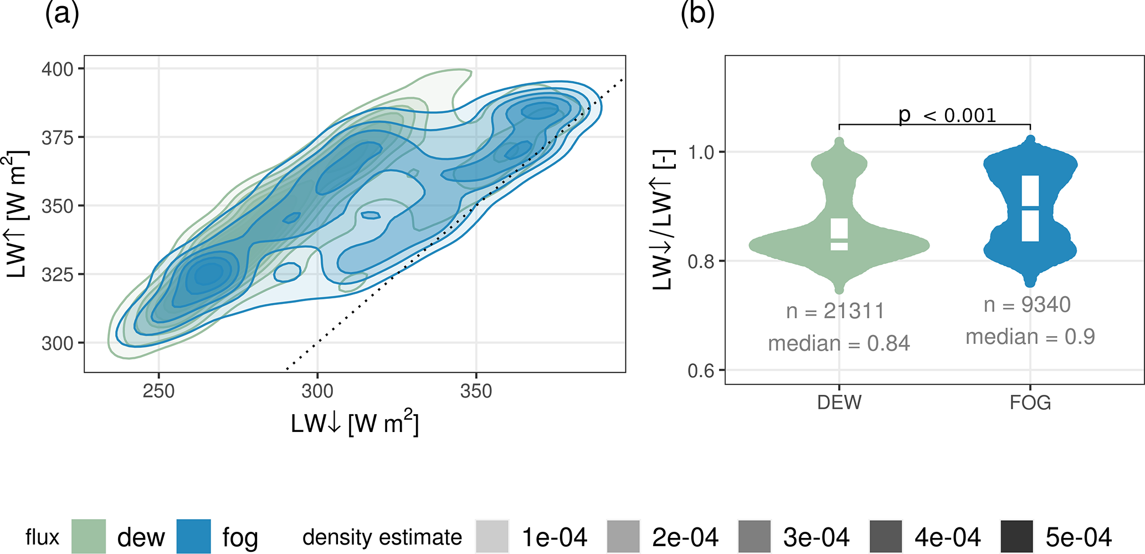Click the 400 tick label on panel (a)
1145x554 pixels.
[57, 69]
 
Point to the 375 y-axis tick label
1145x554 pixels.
[57, 138]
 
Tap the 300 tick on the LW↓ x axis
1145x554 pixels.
[317, 392]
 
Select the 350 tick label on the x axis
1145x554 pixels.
[476, 392]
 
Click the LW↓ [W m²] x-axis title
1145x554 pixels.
[355, 424]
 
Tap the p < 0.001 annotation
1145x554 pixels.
[947, 115]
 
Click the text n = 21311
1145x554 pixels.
[835, 311]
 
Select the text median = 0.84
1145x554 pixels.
[839, 344]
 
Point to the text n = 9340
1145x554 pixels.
[1027, 305]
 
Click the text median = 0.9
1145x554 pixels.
[1030, 337]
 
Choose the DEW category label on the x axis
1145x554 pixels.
[839, 402]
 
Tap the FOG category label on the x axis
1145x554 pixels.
[1030, 402]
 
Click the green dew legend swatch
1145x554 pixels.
[89, 536]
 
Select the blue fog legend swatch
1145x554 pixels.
[194, 536]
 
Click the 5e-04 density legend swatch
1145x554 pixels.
[1016, 536]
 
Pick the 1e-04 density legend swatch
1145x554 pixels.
[492, 536]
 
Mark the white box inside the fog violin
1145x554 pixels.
[1030, 209]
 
